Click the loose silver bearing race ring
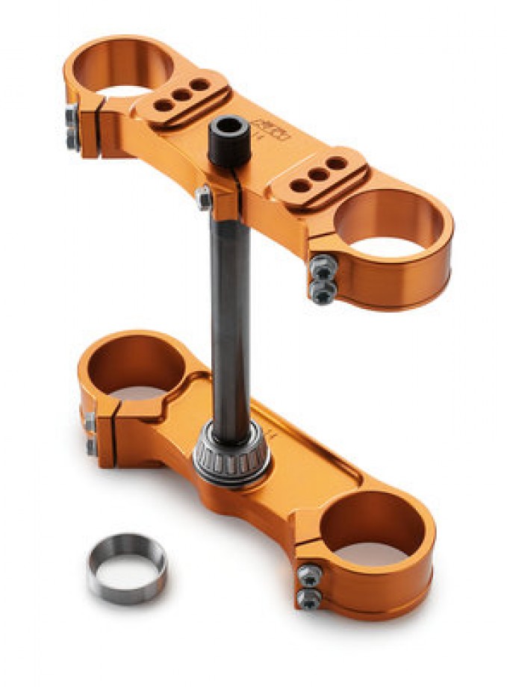pos(127,568)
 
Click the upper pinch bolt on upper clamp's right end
pos(323,265)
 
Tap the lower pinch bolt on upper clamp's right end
pos(323,293)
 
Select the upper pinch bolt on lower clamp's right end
pos(309,573)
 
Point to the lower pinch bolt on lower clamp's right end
pos(308,597)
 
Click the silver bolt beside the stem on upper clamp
pos(203,198)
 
